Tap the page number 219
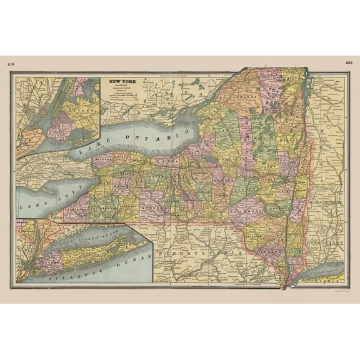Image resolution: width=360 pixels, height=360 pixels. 9,63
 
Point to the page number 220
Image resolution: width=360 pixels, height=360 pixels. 349,62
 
